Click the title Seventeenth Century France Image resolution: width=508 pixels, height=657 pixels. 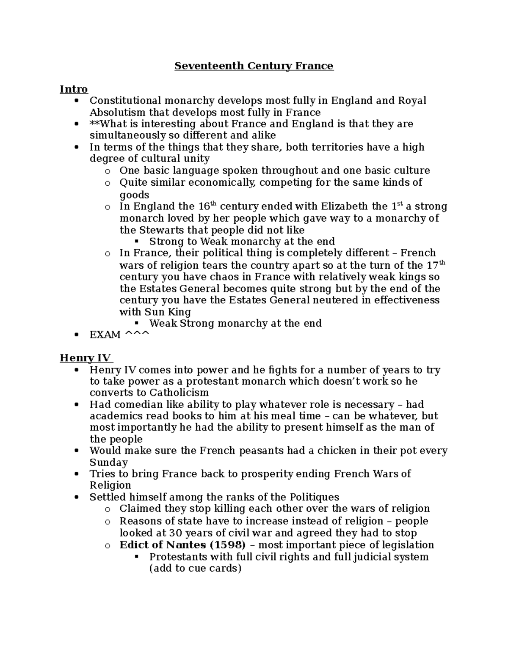[x=254, y=66]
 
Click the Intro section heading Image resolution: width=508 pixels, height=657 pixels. [x=74, y=89]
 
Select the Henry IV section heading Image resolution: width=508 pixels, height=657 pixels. [x=86, y=358]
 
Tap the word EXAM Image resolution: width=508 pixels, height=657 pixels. [x=105, y=335]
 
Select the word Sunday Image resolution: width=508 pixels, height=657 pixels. [x=108, y=462]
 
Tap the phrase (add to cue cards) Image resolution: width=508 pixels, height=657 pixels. [x=195, y=568]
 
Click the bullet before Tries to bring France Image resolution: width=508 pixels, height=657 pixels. [x=76, y=474]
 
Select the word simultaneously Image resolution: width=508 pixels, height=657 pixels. [x=120, y=135]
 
